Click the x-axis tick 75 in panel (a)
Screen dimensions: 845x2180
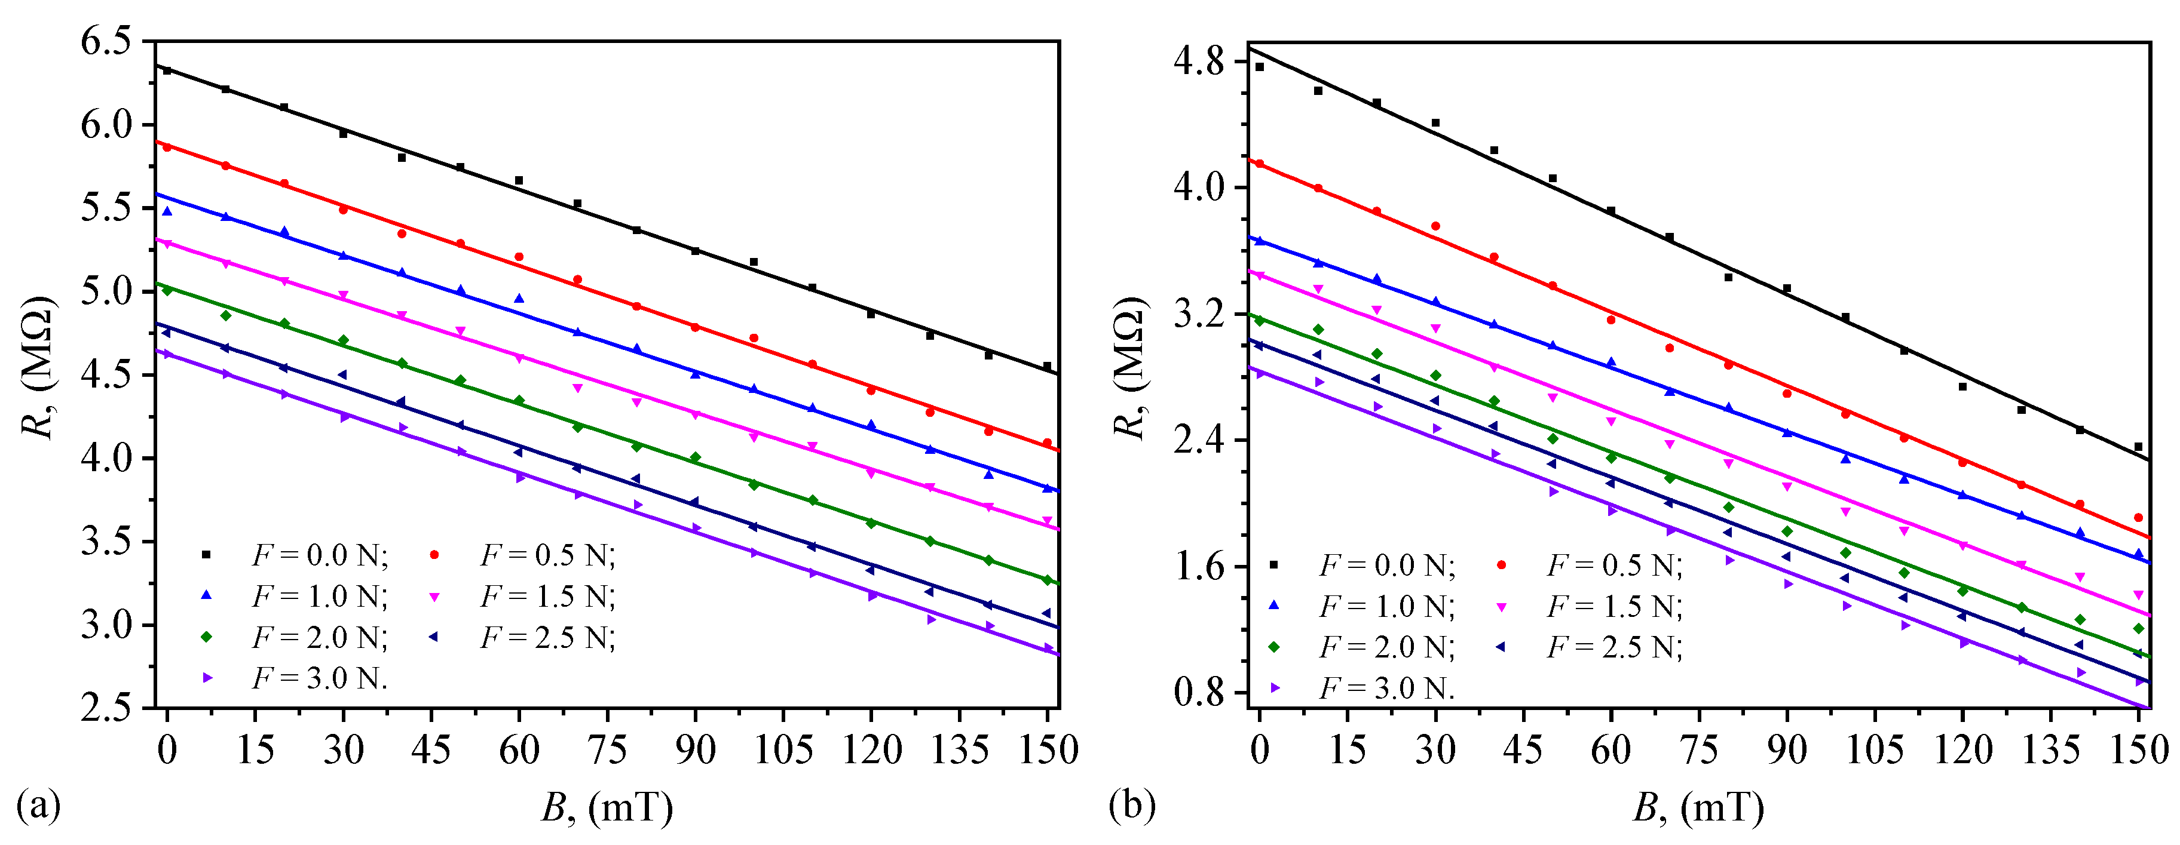607,749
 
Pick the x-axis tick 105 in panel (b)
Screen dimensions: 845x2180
1875,749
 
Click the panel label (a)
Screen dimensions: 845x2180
39,804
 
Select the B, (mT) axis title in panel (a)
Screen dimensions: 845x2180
607,808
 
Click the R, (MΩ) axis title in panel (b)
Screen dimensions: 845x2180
1131,368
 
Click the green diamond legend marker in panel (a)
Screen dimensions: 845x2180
205,637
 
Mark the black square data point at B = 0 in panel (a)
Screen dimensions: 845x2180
167,70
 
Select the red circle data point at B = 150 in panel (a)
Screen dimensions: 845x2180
1047,443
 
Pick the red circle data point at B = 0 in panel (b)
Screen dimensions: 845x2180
1259,163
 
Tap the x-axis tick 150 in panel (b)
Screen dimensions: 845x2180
2138,749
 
